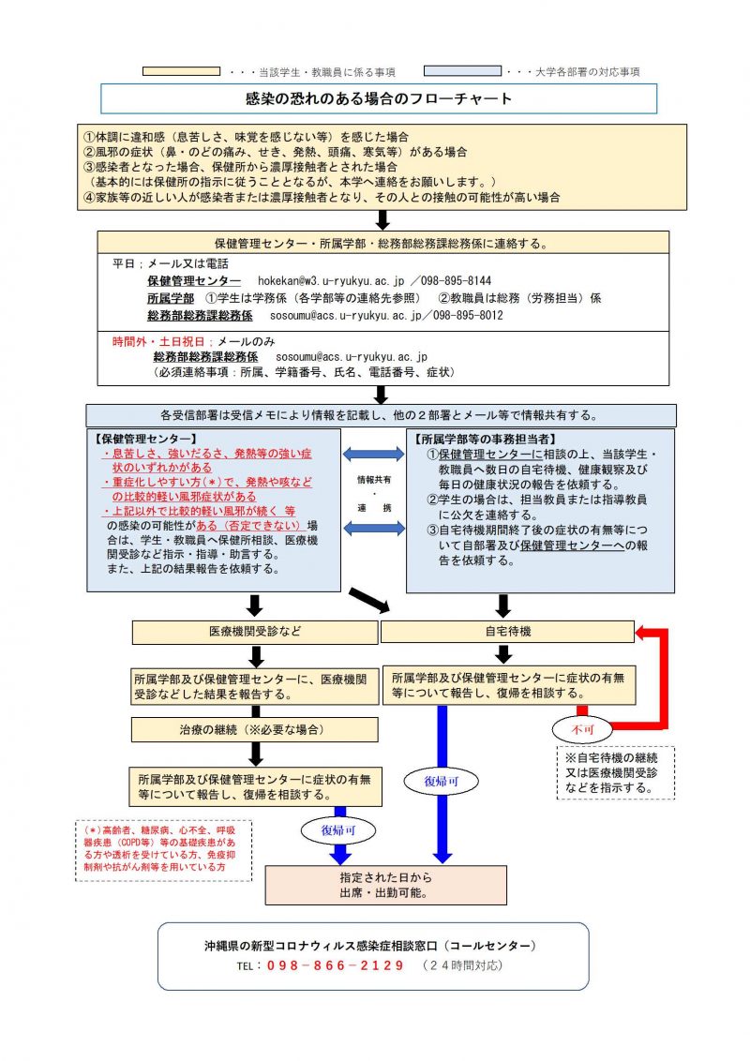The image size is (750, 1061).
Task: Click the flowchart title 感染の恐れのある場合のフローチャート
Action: [x=379, y=98]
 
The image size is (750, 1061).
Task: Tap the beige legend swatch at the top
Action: [x=182, y=71]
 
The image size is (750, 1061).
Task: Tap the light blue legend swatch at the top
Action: [x=462, y=71]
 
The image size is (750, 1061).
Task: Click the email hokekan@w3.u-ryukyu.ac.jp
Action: [x=331, y=281]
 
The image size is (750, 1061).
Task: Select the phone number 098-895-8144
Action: [x=456, y=281]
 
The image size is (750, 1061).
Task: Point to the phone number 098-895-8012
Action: [x=468, y=315]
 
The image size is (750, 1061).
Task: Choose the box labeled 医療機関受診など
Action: [x=255, y=632]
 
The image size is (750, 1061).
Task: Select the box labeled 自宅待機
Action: [x=508, y=632]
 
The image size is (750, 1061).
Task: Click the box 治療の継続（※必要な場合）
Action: [x=254, y=729]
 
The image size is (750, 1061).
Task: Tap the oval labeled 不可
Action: [x=582, y=729]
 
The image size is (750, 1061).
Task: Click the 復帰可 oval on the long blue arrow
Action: [x=442, y=782]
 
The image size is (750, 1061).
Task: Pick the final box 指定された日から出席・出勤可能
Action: [x=386, y=885]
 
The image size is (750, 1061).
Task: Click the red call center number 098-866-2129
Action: [x=336, y=965]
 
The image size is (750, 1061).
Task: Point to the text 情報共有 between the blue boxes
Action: [x=374, y=480]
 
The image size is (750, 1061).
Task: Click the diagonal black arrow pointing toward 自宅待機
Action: [x=369, y=600]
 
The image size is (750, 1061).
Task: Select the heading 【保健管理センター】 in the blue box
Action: [x=144, y=439]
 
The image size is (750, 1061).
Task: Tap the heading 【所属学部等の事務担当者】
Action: [x=485, y=440]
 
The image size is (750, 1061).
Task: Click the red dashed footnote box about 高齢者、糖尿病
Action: [x=163, y=850]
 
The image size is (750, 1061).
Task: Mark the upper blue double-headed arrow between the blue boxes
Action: [x=374, y=454]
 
